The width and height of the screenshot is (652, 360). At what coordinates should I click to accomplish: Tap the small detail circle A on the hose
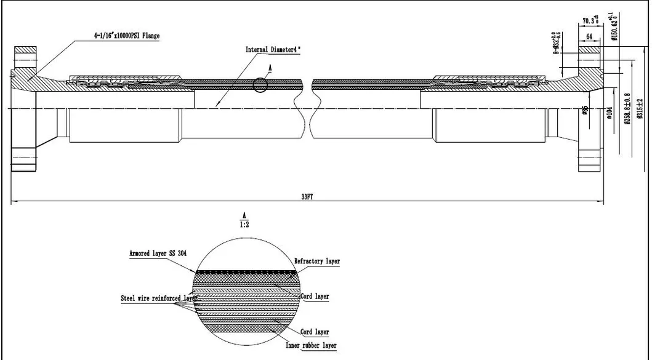pyautogui.click(x=260, y=85)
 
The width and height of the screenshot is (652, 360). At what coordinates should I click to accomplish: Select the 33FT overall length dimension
pyautogui.click(x=305, y=196)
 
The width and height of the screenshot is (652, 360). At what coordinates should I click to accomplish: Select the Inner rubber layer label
pyautogui.click(x=311, y=345)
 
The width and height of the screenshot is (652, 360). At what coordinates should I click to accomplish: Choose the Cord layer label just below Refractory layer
pyautogui.click(x=314, y=297)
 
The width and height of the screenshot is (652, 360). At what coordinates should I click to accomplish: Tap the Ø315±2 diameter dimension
pyautogui.click(x=640, y=108)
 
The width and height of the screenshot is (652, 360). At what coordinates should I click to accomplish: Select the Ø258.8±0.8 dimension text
pyautogui.click(x=627, y=108)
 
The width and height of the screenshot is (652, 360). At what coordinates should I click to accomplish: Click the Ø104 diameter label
pyautogui.click(x=609, y=113)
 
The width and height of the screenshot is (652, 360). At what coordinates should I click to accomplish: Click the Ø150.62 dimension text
pyautogui.click(x=613, y=27)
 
